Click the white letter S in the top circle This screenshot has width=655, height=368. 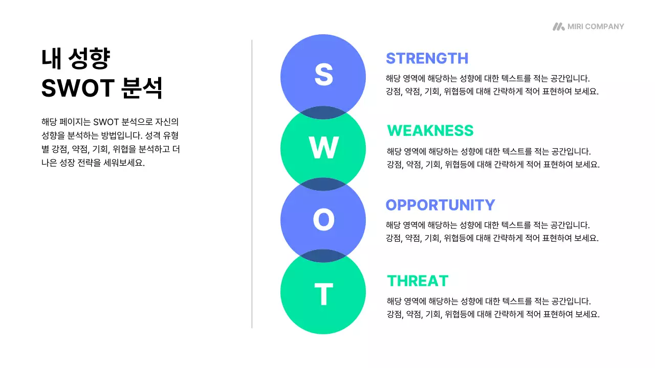coord(323,75)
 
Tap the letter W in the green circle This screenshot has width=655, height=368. coord(323,149)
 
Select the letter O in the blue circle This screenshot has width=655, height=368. coord(323,220)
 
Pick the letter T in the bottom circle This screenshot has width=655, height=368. coord(323,294)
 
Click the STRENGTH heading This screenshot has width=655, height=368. coord(427,58)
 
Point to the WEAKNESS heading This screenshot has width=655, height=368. coord(430,131)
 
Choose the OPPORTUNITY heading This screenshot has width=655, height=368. coord(440,205)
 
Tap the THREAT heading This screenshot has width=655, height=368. coord(418,281)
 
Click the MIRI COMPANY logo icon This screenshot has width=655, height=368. coord(558,27)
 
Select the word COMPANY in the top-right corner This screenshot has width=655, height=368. coord(604,27)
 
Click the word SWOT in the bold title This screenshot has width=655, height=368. coord(77,88)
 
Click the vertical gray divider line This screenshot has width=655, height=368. coord(252,184)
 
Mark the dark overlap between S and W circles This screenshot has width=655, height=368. coord(323,111)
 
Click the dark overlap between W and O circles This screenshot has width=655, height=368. coord(323,184)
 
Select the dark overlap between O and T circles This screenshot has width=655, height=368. coord(323,256)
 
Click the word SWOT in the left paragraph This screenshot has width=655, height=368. coord(106,122)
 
